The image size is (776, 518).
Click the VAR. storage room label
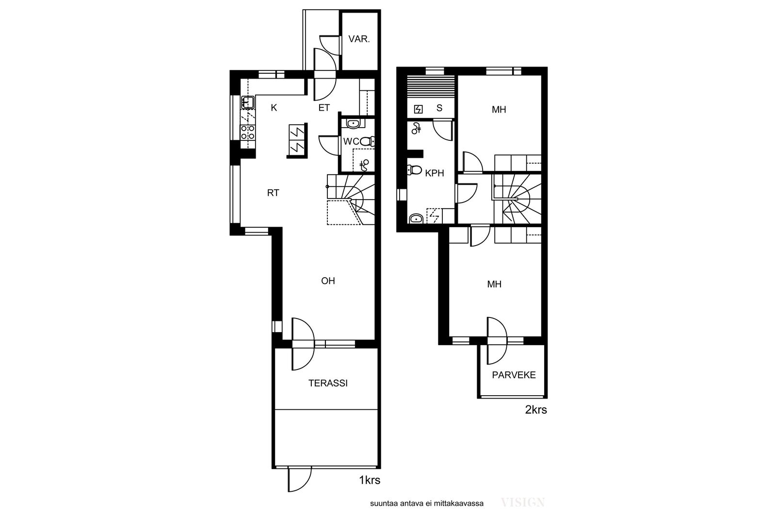point(359,39)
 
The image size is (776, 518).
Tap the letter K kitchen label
point(274,108)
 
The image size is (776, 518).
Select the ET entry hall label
point(324,108)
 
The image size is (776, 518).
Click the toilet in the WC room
point(367,141)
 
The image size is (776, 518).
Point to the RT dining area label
point(273,193)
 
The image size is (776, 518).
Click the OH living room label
point(328,281)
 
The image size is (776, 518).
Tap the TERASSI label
point(328,383)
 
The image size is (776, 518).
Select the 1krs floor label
point(370,480)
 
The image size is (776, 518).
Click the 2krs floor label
point(536,410)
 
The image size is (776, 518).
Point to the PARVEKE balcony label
point(514,375)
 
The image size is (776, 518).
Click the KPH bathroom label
point(435,173)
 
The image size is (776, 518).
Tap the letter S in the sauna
point(439,108)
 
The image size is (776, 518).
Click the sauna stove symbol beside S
point(419,109)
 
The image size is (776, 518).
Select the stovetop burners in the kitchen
point(248,133)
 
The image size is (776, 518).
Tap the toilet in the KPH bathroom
point(414,170)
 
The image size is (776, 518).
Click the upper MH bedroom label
point(499,110)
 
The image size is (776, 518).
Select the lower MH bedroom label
point(494,284)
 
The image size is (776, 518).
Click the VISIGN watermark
point(523,502)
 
